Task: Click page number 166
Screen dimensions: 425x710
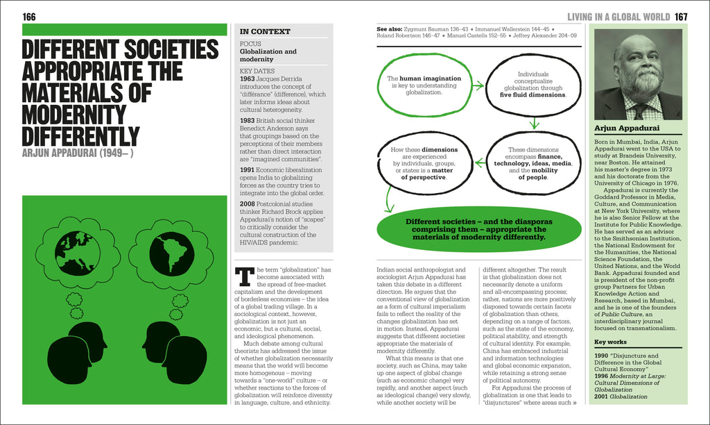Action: pyautogui.click(x=29, y=17)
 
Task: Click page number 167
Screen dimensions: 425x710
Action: pyautogui.click(x=681, y=17)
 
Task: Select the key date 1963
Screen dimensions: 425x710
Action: pyautogui.click(x=248, y=79)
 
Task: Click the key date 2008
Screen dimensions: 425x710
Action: pyautogui.click(x=248, y=204)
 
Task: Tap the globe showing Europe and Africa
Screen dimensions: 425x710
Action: pyautogui.click(x=78, y=251)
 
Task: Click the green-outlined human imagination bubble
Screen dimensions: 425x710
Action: pyautogui.click(x=420, y=85)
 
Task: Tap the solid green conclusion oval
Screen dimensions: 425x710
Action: pyautogui.click(x=478, y=229)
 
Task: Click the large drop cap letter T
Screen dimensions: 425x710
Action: pyautogui.click(x=244, y=276)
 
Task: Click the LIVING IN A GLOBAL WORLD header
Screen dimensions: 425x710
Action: pyautogui.click(x=618, y=17)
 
